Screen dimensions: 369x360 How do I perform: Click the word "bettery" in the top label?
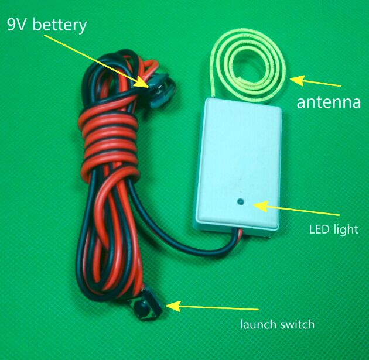[x=59, y=26]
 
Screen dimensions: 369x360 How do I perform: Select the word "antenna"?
[x=328, y=103]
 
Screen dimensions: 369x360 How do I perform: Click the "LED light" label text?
[x=333, y=229]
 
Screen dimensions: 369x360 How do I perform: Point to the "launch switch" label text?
[x=278, y=324]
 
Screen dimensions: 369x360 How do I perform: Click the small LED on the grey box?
[x=240, y=203]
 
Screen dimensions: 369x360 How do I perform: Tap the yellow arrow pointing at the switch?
[x=211, y=307]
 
